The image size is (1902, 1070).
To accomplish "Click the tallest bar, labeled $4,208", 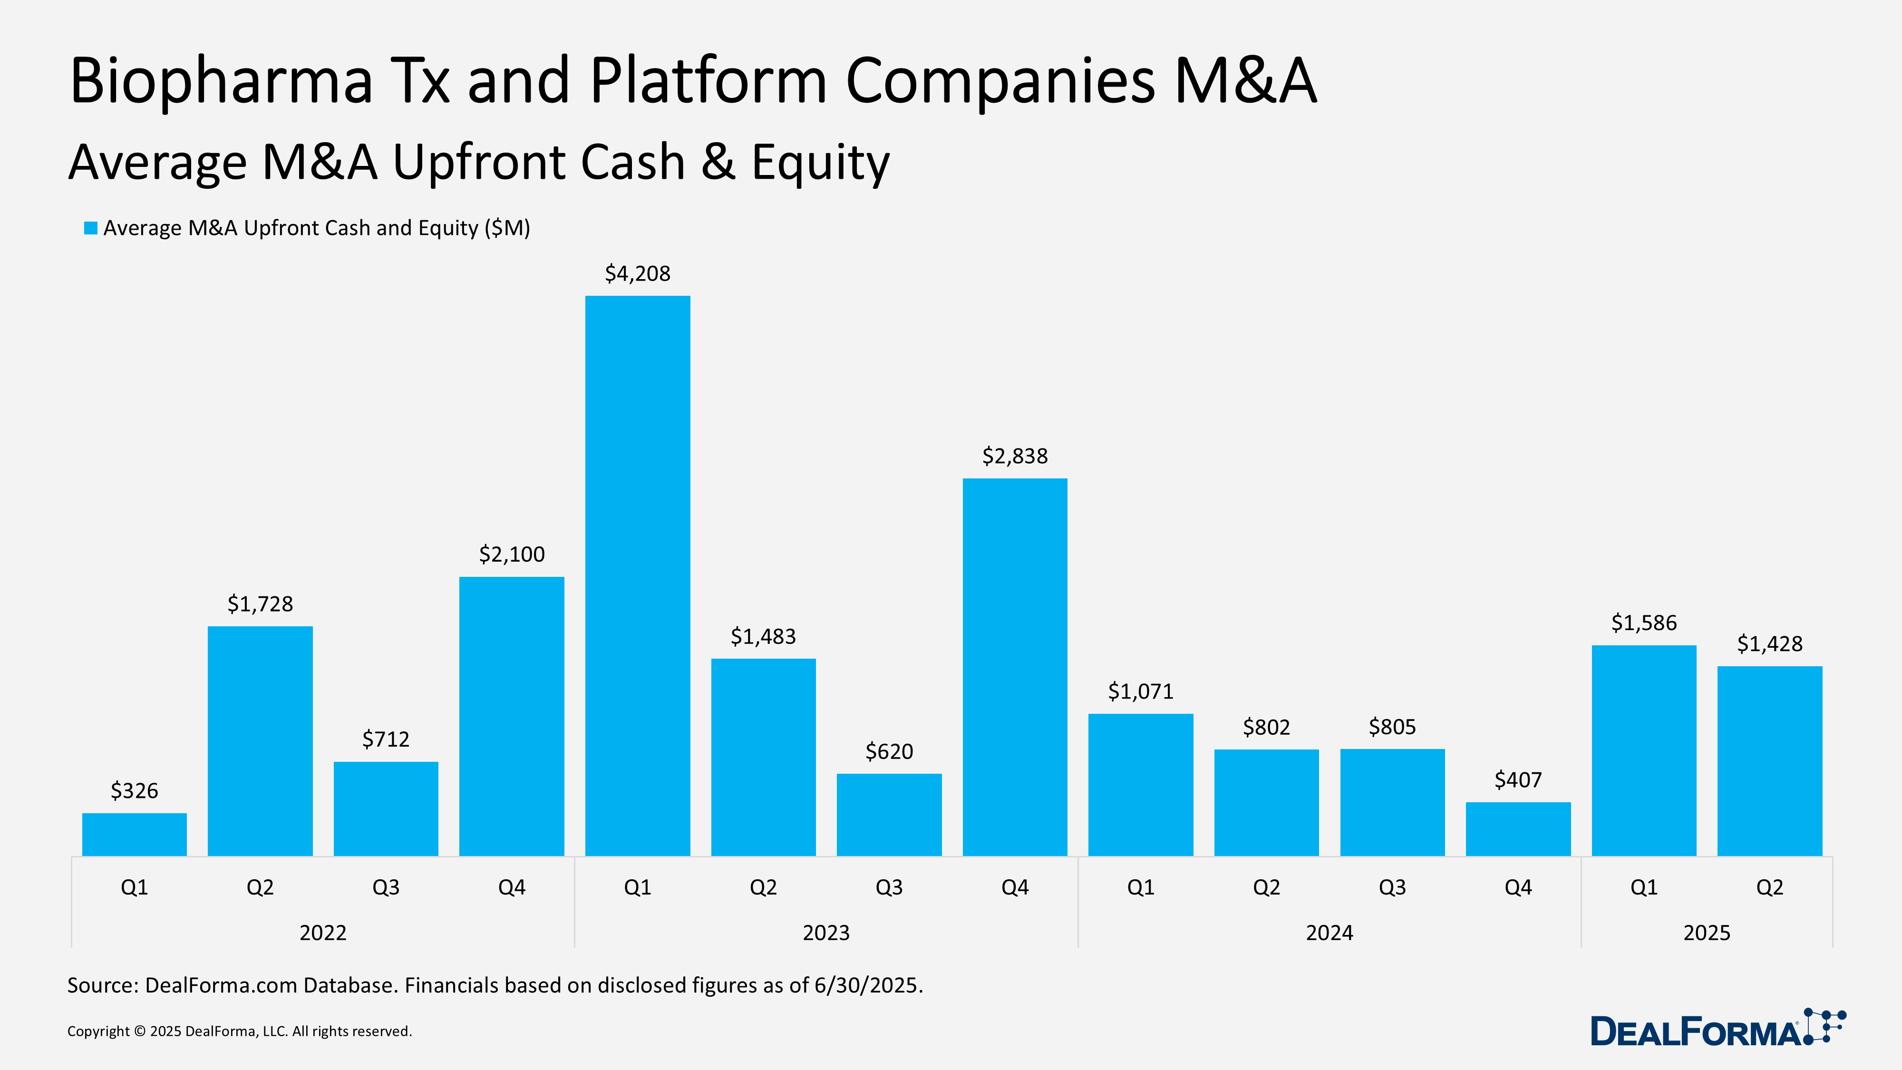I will [637, 576].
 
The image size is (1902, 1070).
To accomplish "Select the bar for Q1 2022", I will [135, 835].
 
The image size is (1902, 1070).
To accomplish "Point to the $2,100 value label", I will [512, 554].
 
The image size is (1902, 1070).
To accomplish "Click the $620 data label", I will [889, 751].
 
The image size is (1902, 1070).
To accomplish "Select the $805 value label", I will [1392, 727].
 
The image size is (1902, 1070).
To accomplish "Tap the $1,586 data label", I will [1644, 623].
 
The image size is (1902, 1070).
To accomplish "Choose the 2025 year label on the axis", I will [1707, 933].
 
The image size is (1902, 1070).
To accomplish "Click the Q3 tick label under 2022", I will [386, 887].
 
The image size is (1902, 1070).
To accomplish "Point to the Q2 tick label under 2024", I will [1266, 887].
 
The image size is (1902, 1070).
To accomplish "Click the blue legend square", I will [91, 228].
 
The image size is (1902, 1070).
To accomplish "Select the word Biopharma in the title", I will [222, 81].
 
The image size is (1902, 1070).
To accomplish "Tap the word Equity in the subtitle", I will [820, 163].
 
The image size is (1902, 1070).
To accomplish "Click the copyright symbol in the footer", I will [139, 1031].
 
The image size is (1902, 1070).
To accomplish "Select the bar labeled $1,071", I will [1140, 784].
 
